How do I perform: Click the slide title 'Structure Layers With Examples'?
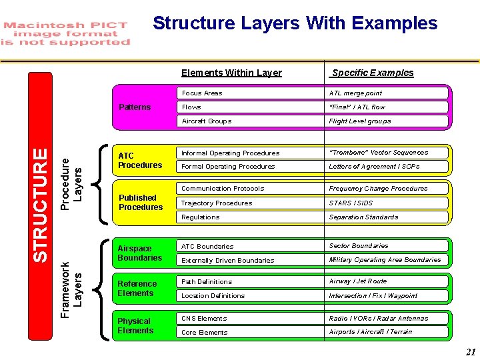click(x=295, y=24)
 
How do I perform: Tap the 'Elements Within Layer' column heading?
click(x=231, y=73)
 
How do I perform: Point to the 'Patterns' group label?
click(x=135, y=107)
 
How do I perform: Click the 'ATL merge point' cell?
click(x=355, y=93)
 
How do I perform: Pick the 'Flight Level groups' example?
click(x=359, y=121)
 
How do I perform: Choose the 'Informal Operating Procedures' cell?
click(x=230, y=153)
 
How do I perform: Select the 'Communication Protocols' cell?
click(x=223, y=189)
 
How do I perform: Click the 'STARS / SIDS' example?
click(x=351, y=203)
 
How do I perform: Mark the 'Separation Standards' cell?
click(x=363, y=217)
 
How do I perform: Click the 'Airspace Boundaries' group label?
click(x=139, y=253)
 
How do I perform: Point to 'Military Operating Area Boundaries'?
click(x=385, y=260)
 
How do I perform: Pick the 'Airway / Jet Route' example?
click(x=357, y=281)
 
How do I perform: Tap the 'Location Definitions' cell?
click(x=213, y=296)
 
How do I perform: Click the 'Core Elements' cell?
click(x=204, y=333)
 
